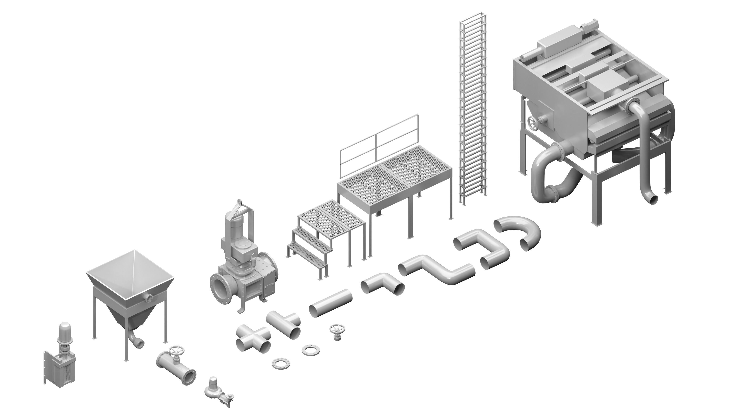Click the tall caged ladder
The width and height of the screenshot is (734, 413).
(x=473, y=108)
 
